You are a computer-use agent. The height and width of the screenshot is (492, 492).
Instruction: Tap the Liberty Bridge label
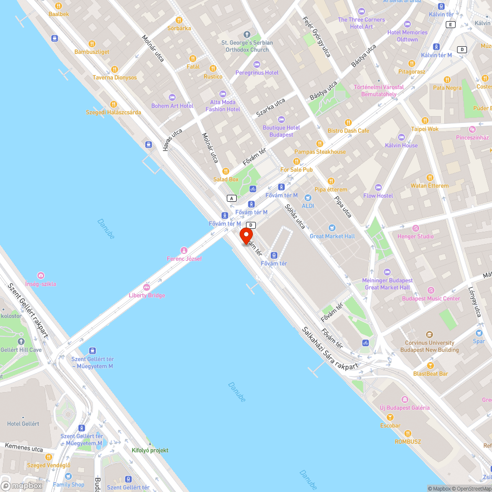(x=147, y=295)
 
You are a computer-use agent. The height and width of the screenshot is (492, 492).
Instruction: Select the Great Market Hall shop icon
(x=332, y=228)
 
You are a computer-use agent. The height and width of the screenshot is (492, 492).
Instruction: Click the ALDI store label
(x=308, y=206)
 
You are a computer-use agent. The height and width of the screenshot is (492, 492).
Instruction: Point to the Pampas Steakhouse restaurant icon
(x=319, y=143)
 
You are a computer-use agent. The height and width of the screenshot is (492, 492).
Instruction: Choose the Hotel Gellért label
(x=23, y=424)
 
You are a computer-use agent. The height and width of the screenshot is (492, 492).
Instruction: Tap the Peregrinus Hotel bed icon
(x=256, y=64)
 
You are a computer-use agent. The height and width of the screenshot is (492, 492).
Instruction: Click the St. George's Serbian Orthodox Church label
(x=247, y=46)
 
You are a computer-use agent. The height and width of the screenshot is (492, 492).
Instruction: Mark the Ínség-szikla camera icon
(x=41, y=276)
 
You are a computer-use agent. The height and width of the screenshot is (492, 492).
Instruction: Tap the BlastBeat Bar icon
(x=430, y=366)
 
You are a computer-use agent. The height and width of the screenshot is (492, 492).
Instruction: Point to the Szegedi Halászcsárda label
(x=114, y=112)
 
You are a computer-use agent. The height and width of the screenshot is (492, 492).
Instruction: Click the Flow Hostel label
(x=378, y=195)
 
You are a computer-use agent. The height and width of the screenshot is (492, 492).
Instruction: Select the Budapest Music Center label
(x=431, y=299)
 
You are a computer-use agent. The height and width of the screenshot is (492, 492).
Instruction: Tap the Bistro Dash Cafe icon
(x=348, y=122)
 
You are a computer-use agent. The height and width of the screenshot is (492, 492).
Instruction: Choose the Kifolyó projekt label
(x=150, y=450)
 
